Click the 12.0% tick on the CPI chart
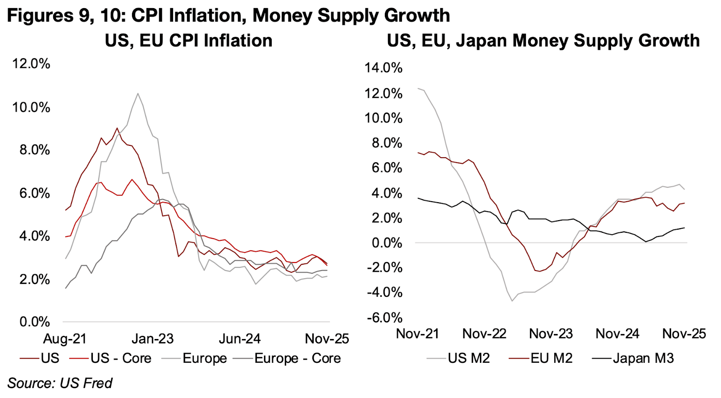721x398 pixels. tap(31, 63)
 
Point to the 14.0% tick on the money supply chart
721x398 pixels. tap(383, 68)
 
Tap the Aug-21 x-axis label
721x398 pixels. tap(64, 339)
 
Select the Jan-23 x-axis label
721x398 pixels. tap(152, 339)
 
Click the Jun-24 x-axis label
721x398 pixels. tap(240, 339)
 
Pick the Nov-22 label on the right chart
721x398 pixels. tap(484, 334)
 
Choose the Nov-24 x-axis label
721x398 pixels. tap(617, 334)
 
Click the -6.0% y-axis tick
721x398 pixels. tap(384, 318)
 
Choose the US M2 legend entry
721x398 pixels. tap(469, 358)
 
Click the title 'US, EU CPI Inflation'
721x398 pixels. tap(188, 41)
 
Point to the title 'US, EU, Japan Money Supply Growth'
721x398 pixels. tap(543, 41)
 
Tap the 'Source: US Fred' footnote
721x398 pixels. tap(60, 383)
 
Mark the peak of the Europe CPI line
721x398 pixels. tap(138, 94)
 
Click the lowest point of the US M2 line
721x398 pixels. tap(512, 301)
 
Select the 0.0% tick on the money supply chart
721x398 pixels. tap(387, 243)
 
